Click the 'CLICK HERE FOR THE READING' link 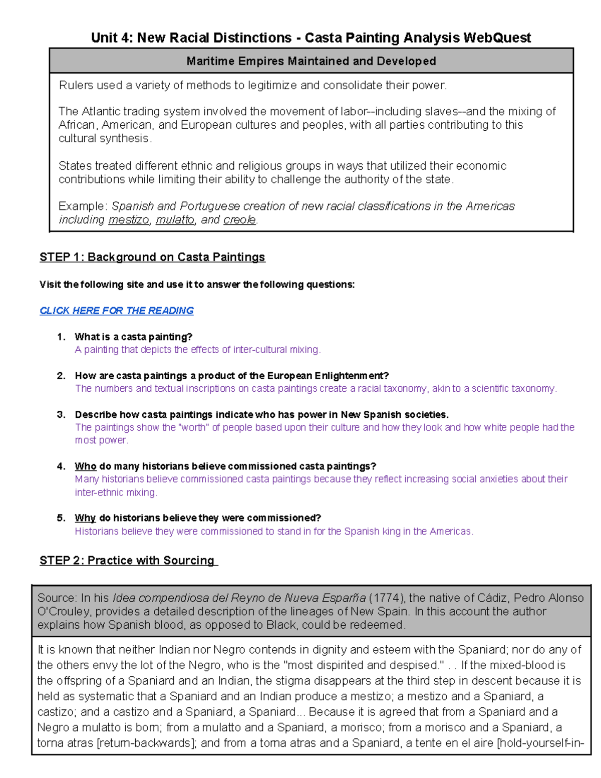point(116,311)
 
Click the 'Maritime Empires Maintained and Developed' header point(311,61)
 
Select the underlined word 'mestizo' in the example point(129,220)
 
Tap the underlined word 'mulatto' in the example point(175,220)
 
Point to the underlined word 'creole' point(239,220)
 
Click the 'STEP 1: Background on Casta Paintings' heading point(152,257)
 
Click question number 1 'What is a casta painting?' point(133,337)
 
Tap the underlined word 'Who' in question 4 point(85,466)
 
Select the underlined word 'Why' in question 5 point(85,518)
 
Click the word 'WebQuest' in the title point(497,38)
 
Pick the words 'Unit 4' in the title point(110,38)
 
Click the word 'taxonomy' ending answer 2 point(534,389)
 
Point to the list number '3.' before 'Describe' point(61,415)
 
